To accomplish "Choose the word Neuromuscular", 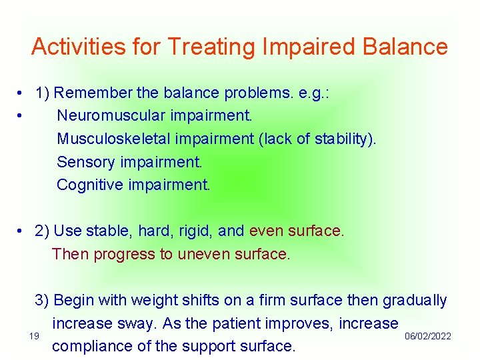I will [x=111, y=116].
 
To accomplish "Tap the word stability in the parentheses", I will [x=345, y=139].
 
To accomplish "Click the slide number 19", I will [x=35, y=336].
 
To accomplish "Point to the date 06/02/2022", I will [x=428, y=336].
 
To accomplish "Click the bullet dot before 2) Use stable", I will [x=22, y=231].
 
